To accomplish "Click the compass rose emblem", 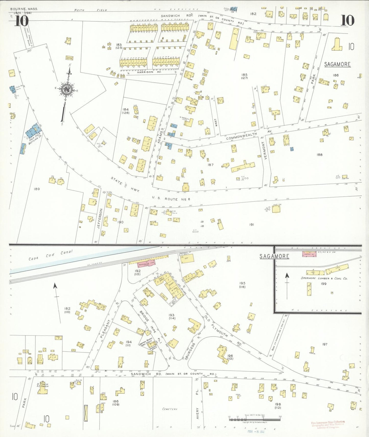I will click(x=67, y=89).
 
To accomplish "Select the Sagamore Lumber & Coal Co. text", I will click(x=324, y=278).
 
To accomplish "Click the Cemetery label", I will click(x=170, y=409).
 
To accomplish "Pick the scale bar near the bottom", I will click(x=255, y=419).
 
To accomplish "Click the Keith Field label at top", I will click(x=90, y=10).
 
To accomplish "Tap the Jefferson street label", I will click(x=100, y=218).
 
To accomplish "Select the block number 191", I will click(x=252, y=225).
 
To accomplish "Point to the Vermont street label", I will click(x=265, y=151).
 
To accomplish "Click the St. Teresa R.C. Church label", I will click(x=43, y=385).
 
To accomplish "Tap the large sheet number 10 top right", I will click(x=347, y=20).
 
